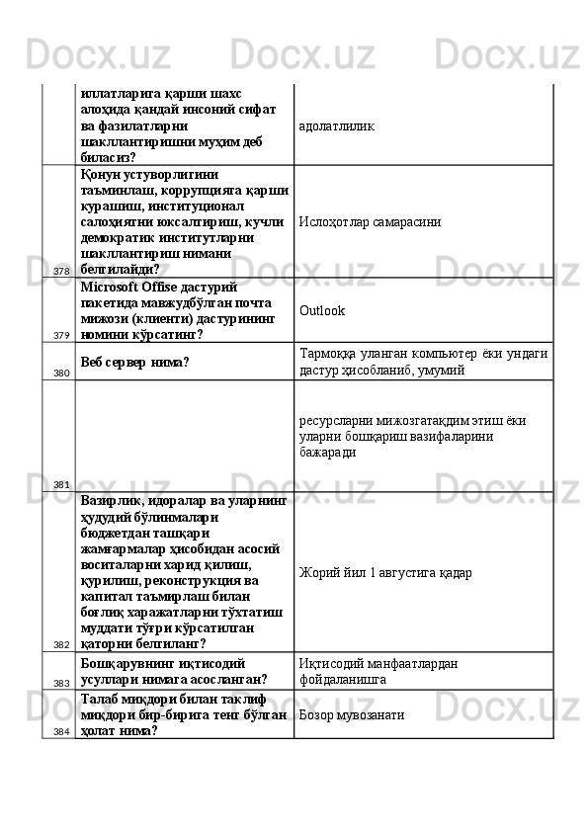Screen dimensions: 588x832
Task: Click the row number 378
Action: pos(61,271)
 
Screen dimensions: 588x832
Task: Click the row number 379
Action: pos(61,336)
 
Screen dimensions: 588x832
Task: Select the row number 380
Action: pos(61,374)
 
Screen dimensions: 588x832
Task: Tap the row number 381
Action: pos(61,484)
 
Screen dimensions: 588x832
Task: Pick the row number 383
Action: pos(61,683)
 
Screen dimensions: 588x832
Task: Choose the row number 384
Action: pos(61,731)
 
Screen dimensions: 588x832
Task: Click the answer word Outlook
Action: pos(322,310)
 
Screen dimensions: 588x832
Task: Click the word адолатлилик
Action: pos(337,126)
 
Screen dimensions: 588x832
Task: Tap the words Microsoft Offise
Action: pos(126,287)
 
